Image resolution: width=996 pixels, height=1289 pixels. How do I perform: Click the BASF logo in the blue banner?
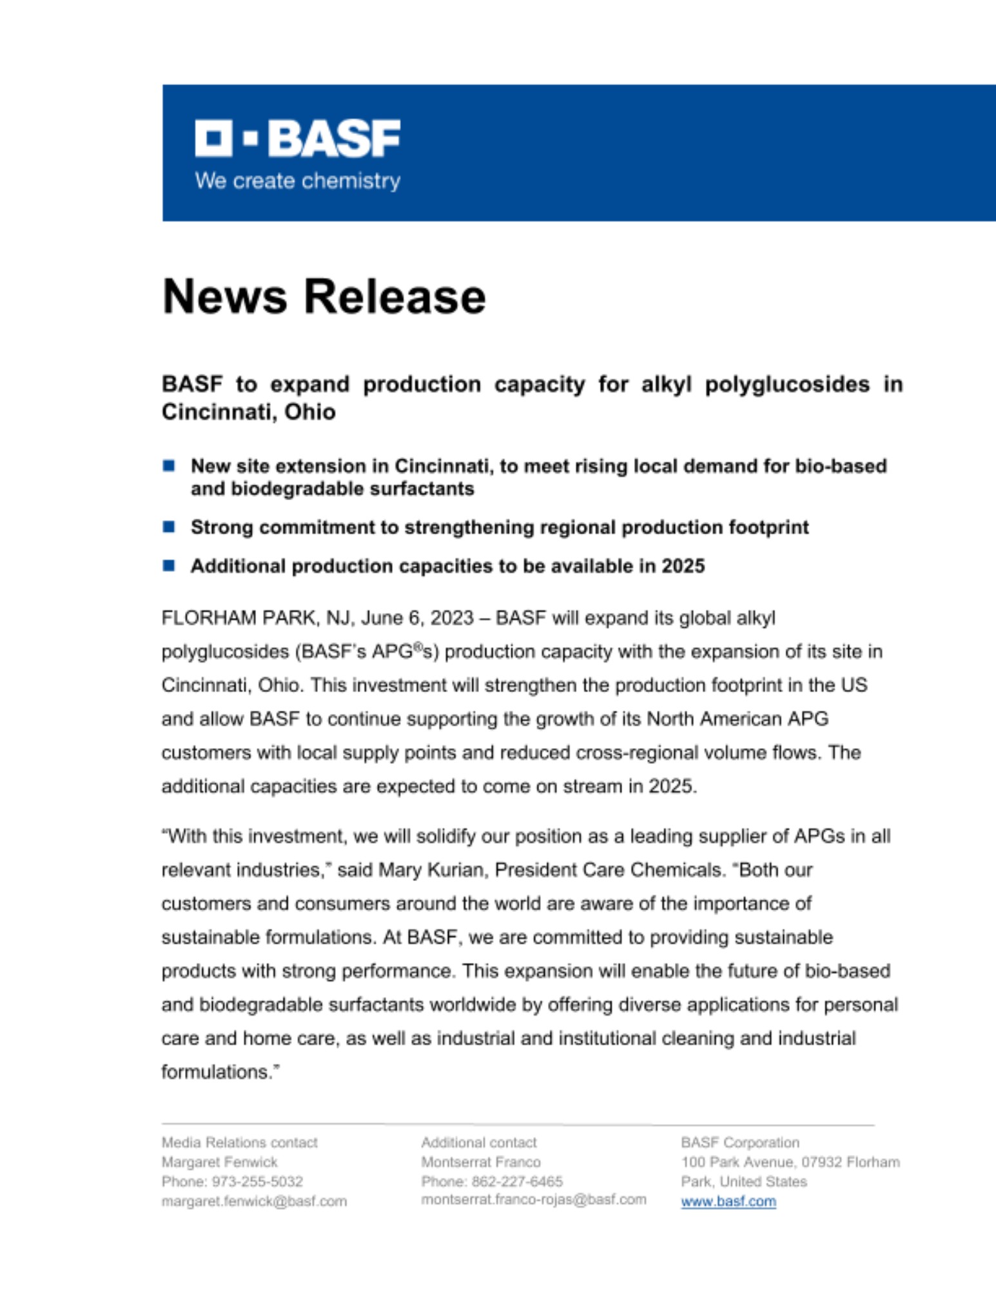297,138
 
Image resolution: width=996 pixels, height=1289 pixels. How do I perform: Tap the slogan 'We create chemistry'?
297,181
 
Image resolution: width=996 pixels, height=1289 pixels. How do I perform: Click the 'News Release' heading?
324,296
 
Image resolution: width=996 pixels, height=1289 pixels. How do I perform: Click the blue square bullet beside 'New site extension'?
169,465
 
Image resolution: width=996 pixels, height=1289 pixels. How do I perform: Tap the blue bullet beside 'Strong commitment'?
169,527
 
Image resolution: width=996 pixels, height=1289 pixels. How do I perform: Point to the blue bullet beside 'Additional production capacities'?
169,566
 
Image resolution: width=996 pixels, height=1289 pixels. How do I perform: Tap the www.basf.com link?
728,1201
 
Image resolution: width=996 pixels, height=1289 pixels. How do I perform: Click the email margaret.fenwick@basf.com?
254,1201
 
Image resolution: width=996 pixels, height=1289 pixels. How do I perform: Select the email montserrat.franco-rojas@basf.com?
533,1199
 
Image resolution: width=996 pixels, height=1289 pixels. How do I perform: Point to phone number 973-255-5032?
257,1181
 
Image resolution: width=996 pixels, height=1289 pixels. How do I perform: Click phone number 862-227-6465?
517,1181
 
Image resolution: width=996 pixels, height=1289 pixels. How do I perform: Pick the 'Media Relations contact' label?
239,1143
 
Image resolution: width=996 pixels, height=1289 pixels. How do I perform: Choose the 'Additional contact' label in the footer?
478,1143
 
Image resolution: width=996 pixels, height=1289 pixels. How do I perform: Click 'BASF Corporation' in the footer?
740,1143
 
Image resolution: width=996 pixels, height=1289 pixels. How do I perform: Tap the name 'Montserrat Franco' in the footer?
480,1162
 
